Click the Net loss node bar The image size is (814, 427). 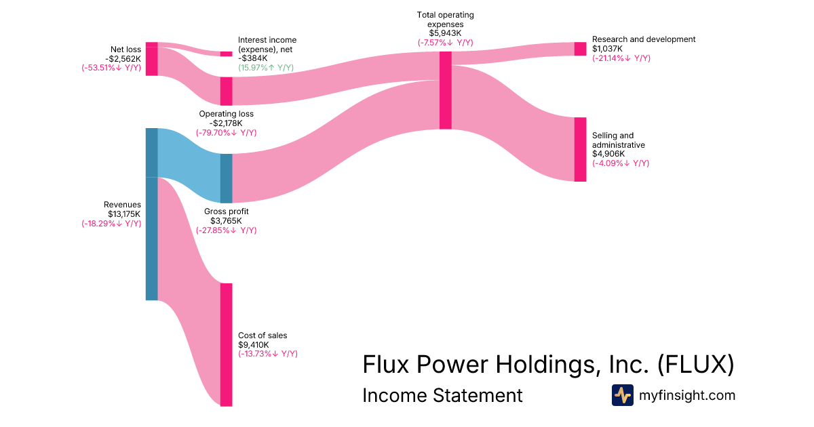coord(152,59)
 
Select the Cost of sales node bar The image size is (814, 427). coord(226,344)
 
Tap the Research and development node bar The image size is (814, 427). coord(580,49)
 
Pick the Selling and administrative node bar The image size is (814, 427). coord(580,149)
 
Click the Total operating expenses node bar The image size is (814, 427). coord(445,90)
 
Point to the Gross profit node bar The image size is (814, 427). coord(226,178)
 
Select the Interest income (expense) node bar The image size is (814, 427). coord(226,54)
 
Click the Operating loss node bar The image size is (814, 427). coord(226,91)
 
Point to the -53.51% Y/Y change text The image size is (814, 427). coord(111,68)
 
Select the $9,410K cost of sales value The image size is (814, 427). coord(254,344)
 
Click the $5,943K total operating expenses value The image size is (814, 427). coord(446,33)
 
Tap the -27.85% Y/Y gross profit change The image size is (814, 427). coord(227,230)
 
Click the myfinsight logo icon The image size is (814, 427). coord(622,395)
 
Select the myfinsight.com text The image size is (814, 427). coord(687,395)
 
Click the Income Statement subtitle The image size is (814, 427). coord(442,395)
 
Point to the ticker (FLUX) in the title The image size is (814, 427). coord(695,364)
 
